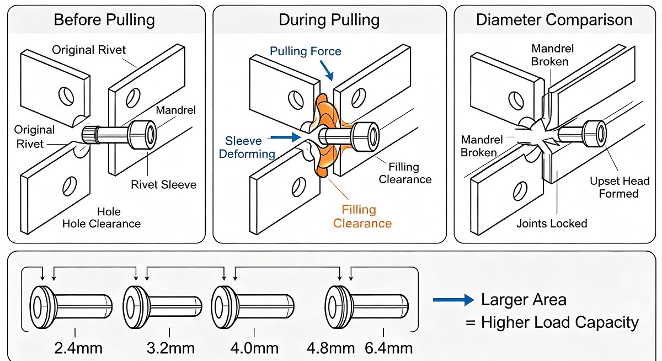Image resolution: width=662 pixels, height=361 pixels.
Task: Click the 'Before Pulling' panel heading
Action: (104, 20)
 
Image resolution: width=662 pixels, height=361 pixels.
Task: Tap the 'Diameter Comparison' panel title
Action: (554, 20)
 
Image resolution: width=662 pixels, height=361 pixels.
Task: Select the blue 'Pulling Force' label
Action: (306, 51)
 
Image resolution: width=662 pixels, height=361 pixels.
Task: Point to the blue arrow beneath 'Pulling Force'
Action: (327, 70)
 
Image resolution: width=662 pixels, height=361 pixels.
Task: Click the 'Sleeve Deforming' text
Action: (247, 147)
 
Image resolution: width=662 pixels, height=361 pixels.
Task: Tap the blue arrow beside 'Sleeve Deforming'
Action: (286, 137)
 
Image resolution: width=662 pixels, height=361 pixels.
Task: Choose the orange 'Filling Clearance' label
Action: (362, 216)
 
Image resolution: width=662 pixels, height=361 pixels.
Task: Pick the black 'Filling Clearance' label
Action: (405, 173)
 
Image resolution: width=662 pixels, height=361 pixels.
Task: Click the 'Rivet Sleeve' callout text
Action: (164, 185)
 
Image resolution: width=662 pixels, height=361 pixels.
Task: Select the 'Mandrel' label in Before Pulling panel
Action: (176, 110)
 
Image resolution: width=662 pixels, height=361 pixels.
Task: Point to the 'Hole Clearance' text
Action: (102, 224)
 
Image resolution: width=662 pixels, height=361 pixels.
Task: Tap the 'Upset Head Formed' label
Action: (620, 187)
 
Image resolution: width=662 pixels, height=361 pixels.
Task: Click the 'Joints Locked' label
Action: (552, 224)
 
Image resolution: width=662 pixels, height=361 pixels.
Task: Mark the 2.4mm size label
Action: (78, 348)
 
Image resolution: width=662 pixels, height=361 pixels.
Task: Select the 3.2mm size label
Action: (170, 348)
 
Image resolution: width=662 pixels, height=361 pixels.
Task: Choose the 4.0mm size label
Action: (254, 348)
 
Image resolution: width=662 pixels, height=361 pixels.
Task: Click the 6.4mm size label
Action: (388, 348)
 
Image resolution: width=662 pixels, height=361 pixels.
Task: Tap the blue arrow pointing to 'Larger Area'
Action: (453, 300)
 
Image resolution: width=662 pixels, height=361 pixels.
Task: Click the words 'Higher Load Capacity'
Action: (560, 322)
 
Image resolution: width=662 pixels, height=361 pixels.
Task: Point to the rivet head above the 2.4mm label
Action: (43, 307)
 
